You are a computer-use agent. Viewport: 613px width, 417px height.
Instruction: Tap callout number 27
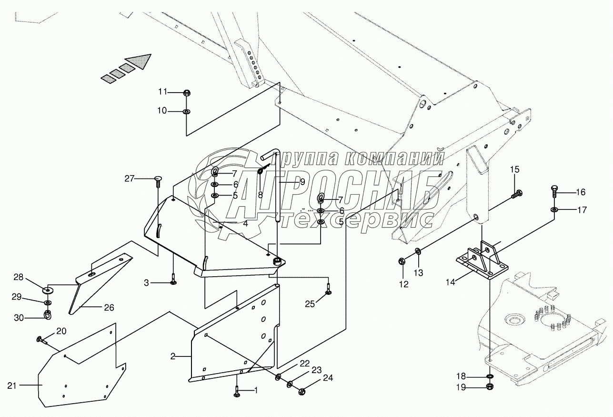[130, 179]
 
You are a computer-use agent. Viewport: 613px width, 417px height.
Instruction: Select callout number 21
[12, 385]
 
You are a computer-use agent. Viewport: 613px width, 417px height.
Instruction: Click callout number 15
[515, 169]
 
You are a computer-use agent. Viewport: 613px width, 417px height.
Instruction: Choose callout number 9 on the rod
[302, 182]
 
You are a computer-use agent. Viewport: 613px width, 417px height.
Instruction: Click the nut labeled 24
[301, 392]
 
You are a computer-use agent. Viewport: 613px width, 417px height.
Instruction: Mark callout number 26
[109, 308]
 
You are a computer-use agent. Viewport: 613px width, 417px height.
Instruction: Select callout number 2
[173, 356]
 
